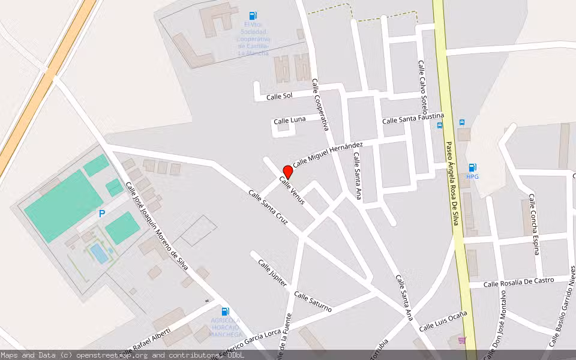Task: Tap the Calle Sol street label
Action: point(279,96)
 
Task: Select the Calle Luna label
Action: point(289,121)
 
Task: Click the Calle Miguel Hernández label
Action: point(328,154)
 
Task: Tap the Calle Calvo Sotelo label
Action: point(422,88)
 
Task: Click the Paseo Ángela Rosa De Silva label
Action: point(451,184)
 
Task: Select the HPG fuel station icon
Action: point(472,167)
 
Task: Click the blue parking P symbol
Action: point(102,214)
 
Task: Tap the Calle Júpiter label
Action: point(272,273)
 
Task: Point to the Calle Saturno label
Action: point(313,302)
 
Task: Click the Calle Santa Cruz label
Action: point(268,208)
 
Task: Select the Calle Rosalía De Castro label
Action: point(518,282)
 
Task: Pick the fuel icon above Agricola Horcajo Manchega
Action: point(225,311)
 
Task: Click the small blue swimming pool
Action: point(100,254)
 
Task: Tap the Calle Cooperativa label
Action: point(320,105)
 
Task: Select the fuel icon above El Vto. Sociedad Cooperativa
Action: point(253,16)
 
